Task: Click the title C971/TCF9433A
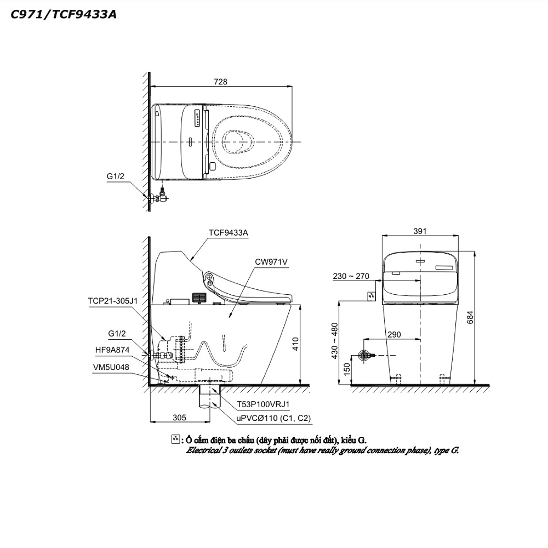(64, 14)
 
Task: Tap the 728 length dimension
(220, 82)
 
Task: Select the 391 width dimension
(420, 231)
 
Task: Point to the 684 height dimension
(470, 317)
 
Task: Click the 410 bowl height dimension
(295, 344)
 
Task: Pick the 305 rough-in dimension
(179, 417)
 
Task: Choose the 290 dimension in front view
(394, 334)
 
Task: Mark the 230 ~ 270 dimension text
(351, 276)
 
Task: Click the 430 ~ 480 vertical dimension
(334, 341)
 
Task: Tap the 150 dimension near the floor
(346, 369)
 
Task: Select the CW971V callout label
(271, 262)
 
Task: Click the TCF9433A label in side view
(228, 233)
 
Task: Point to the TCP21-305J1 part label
(112, 301)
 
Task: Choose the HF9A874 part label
(112, 350)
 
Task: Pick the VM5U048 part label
(111, 367)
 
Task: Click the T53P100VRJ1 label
(263, 404)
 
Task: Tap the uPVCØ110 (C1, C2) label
(273, 418)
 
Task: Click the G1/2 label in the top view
(115, 176)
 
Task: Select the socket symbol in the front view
(372, 296)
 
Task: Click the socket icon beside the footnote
(176, 439)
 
